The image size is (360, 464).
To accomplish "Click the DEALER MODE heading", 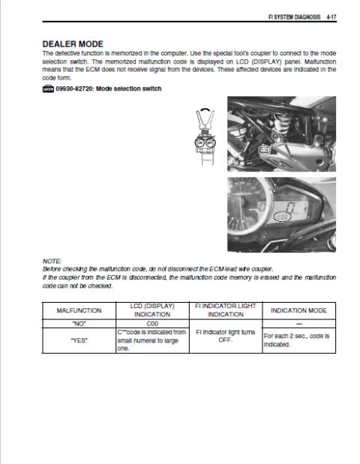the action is pos(73,44).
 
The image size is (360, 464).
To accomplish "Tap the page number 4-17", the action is pos(331,17).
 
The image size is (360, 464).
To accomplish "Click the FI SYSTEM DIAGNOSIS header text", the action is pos(294,17).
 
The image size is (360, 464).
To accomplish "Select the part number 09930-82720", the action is pos(74,88).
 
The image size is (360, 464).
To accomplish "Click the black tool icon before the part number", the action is pos(48,88).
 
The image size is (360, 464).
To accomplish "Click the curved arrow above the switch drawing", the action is pos(205,109).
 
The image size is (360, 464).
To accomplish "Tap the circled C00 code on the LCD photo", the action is pos(283,217).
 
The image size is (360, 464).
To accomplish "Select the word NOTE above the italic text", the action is pos(52,262).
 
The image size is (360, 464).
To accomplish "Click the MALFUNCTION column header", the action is pos(79,310).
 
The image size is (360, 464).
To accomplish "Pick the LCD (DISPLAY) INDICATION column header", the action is pos(152,310).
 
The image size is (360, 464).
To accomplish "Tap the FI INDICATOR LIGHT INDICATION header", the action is pos(226,310).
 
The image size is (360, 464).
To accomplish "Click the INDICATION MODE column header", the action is pos(298,310).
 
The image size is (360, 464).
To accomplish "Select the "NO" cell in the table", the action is pos(79,324).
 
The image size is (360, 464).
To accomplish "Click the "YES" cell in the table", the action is pos(79,340).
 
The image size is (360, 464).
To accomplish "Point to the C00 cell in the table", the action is pos(152,324).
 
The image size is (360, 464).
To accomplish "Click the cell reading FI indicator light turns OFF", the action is pos(226,336).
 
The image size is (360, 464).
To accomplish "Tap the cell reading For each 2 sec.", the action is pos(297,340).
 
